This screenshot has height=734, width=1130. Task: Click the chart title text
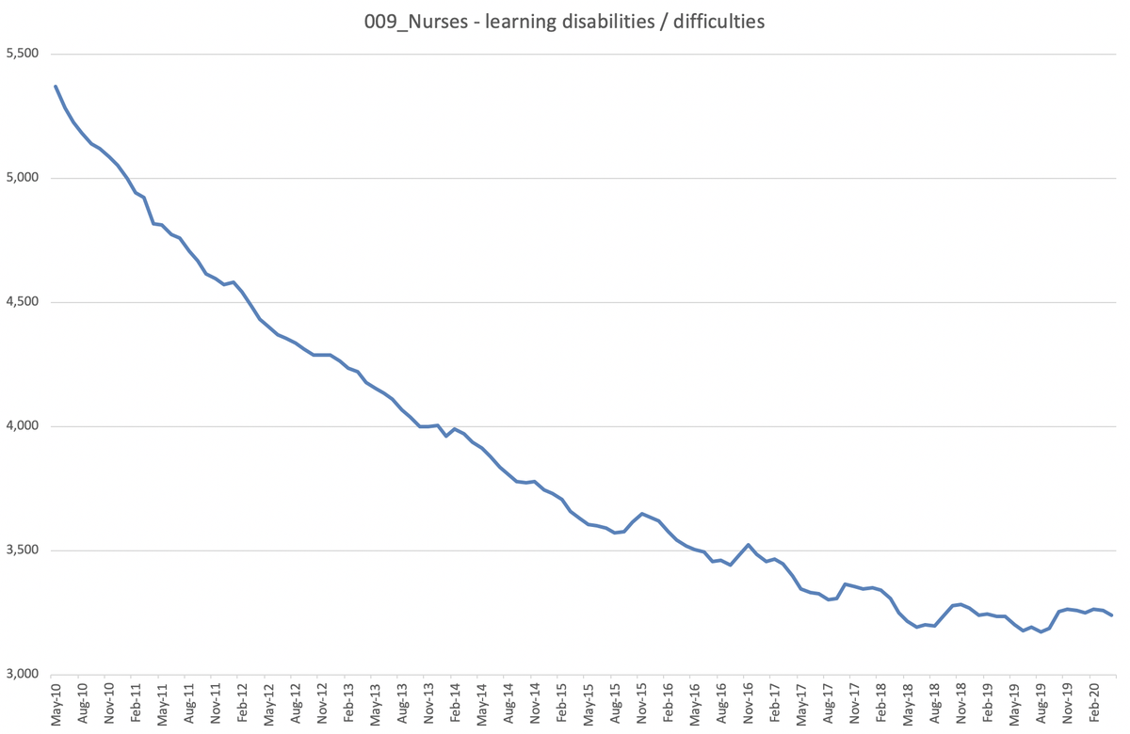point(565,20)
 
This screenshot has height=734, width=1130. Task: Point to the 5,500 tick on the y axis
point(22,54)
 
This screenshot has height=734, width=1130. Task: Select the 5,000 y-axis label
point(22,178)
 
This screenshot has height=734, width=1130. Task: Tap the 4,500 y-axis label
point(22,302)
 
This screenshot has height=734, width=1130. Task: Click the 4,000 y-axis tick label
point(22,426)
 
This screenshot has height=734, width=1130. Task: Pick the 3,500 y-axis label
point(22,550)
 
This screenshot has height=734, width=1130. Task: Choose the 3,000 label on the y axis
point(22,675)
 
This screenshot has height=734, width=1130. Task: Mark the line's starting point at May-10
point(56,87)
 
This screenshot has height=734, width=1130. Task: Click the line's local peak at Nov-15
point(641,514)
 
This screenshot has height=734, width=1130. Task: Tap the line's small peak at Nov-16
point(748,545)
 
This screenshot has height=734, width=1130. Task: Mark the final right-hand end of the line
point(1112,615)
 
